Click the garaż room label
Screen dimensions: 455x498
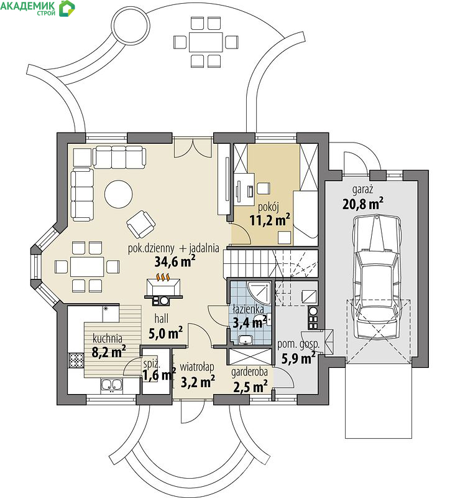coord(362,190)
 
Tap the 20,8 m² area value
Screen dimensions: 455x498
coord(363,204)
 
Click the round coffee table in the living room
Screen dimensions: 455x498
coord(118,194)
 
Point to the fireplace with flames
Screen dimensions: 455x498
coord(163,289)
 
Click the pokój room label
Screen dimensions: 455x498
coord(269,207)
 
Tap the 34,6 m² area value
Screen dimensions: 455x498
coord(175,261)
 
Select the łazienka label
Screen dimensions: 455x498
coord(248,309)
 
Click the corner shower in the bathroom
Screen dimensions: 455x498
coord(259,293)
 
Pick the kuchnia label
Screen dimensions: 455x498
coord(108,339)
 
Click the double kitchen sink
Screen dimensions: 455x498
coord(112,385)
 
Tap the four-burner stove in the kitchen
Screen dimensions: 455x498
coord(76,360)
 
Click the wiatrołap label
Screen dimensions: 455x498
coord(197,367)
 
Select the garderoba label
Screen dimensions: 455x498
coord(249,372)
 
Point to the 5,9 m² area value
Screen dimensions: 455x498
coord(298,359)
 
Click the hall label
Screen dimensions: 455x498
coord(162,319)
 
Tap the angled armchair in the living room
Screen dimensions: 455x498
coord(140,224)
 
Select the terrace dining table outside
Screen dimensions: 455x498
coord(206,42)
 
